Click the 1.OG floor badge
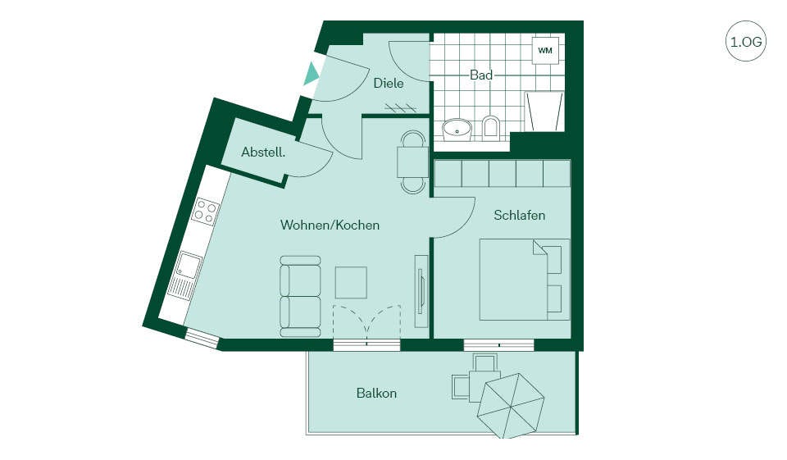point(746,41)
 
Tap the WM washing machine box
point(545,50)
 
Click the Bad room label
point(481,75)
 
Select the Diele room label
point(389,84)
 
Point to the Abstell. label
point(263,153)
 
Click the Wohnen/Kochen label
point(330,225)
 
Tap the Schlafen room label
point(520,216)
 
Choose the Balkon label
point(376,394)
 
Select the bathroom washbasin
point(457,130)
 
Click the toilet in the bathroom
point(491,128)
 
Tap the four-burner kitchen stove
point(207,211)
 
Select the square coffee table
point(351,283)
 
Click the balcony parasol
point(511,405)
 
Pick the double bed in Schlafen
point(525,280)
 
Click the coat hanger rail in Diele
point(401,107)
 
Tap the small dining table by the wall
point(413,162)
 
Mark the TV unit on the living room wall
point(421,292)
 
